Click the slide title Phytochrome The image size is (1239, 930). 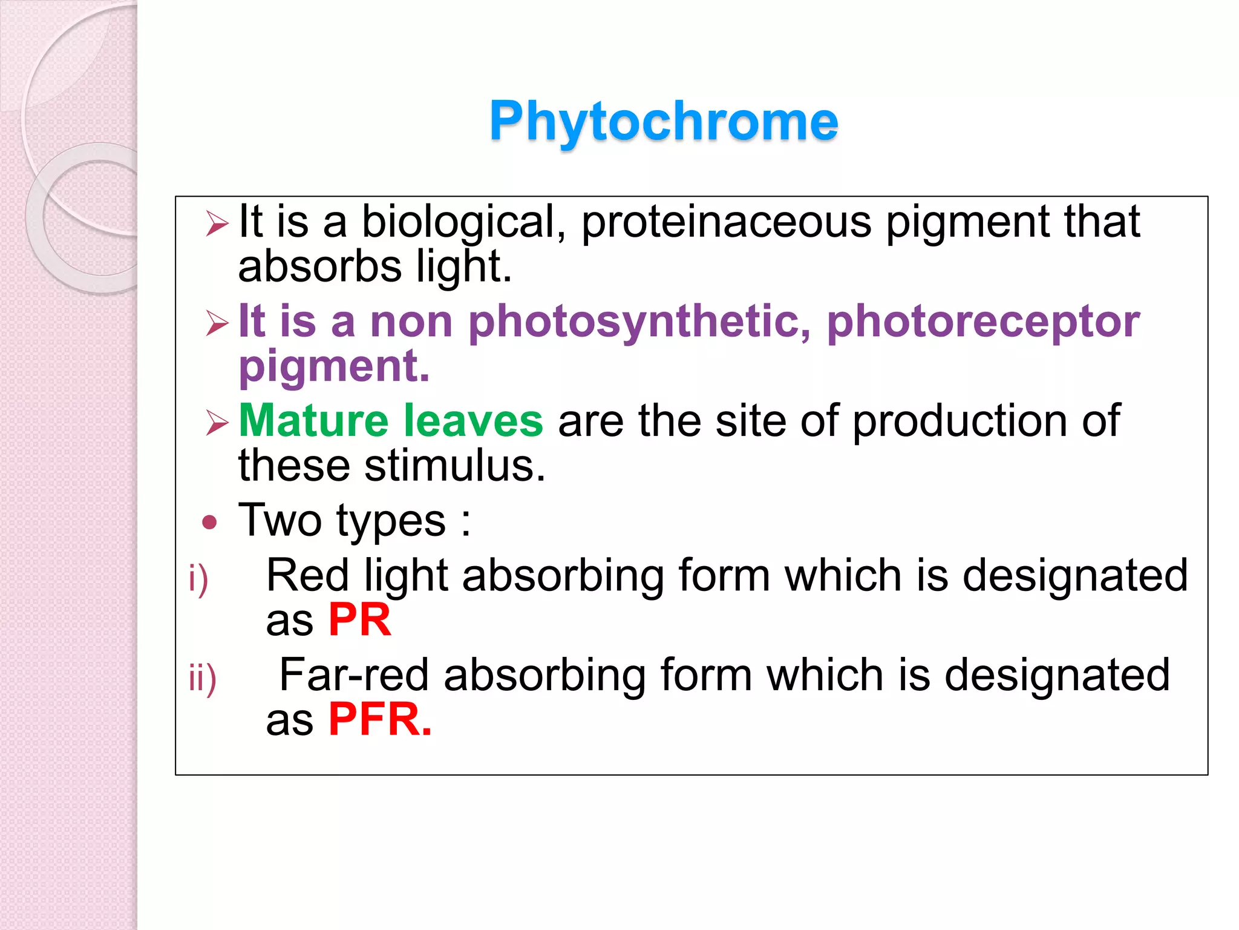coord(664,121)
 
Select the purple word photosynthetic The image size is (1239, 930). coord(639,322)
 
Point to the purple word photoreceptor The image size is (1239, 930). coord(983,322)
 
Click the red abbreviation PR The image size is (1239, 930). coord(359,620)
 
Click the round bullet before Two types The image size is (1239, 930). coord(209,522)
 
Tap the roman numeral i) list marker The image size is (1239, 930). coord(198,579)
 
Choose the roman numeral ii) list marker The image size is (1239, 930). coord(202,679)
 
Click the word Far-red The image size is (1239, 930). coord(354,675)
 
